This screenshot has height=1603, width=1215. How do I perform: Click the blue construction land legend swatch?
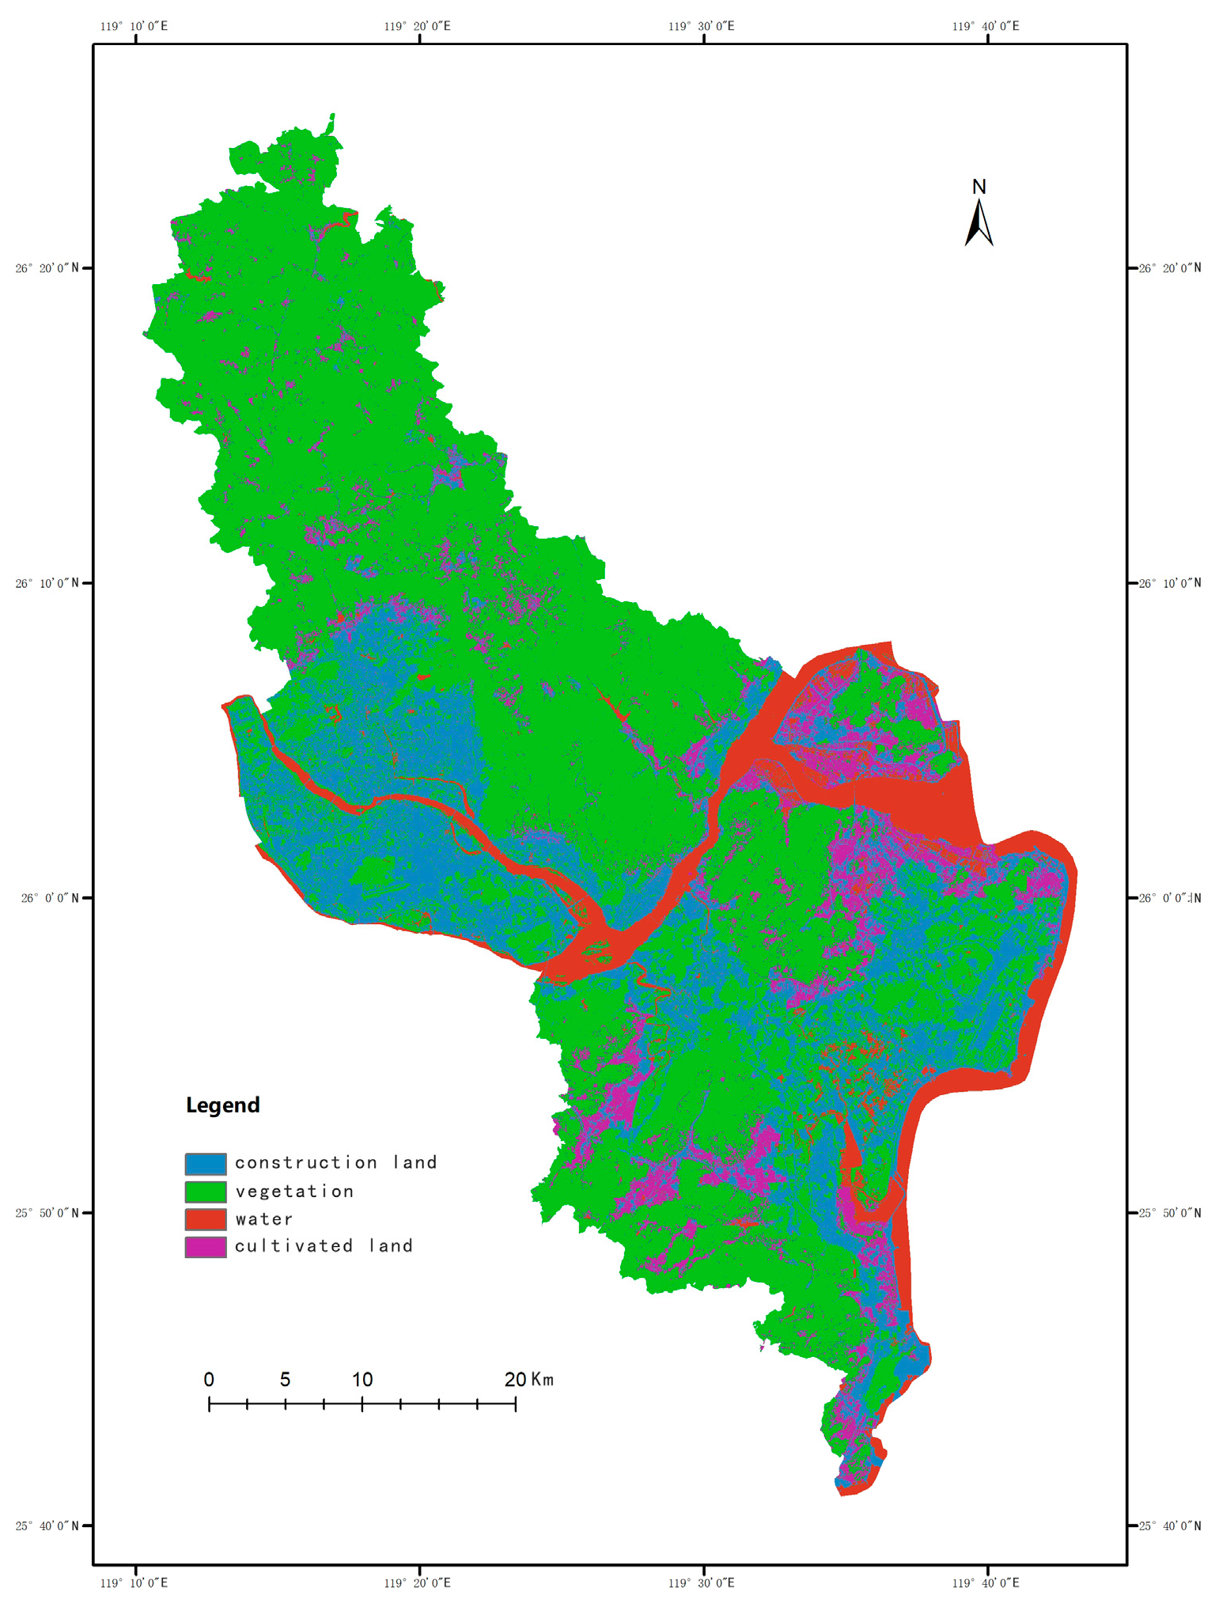click(x=206, y=1163)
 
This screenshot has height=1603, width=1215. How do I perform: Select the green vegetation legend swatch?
click(x=206, y=1192)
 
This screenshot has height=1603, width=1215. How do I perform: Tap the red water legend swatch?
click(x=206, y=1218)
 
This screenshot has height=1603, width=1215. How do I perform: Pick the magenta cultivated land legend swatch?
click(x=206, y=1247)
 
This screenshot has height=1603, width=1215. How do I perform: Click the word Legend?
click(x=222, y=1105)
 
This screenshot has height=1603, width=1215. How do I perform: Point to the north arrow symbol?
click(x=978, y=223)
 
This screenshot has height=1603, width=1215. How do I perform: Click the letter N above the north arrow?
click(x=978, y=187)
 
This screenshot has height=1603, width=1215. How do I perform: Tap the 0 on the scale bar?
click(x=209, y=1380)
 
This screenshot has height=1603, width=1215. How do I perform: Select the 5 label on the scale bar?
click(x=285, y=1380)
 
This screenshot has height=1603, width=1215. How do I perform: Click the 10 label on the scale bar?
click(x=362, y=1380)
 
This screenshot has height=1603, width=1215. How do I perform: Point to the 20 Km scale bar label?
click(x=528, y=1380)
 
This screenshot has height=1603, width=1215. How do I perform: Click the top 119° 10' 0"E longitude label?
click(x=134, y=26)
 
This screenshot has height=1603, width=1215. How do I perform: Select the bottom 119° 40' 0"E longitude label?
click(x=986, y=1582)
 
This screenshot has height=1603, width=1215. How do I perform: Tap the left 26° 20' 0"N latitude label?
click(x=47, y=268)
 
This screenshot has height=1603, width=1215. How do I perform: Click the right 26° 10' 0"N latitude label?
click(x=1170, y=583)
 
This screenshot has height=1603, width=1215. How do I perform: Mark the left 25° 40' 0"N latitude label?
click(x=47, y=1525)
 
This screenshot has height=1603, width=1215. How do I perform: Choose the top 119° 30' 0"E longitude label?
click(x=701, y=26)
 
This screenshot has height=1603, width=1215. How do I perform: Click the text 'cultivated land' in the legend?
click(x=324, y=1246)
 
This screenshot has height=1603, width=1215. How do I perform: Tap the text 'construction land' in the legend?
click(x=335, y=1162)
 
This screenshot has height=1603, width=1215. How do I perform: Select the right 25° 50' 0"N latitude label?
click(x=1170, y=1213)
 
